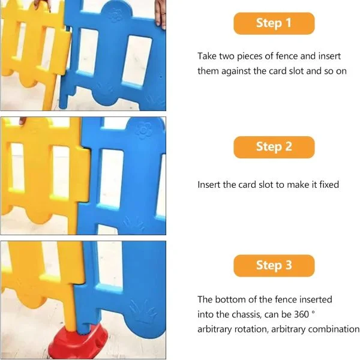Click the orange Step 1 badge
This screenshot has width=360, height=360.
pos(274,23)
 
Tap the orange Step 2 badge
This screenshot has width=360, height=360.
pos(274,147)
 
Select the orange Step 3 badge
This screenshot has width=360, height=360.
pos(274,266)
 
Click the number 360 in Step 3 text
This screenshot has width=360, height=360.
pos(301,314)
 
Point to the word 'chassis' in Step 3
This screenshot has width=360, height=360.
pos(247,314)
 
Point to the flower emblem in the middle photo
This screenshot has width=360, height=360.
pos(143,130)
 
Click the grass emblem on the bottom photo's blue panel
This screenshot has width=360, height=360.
pos(143,311)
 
